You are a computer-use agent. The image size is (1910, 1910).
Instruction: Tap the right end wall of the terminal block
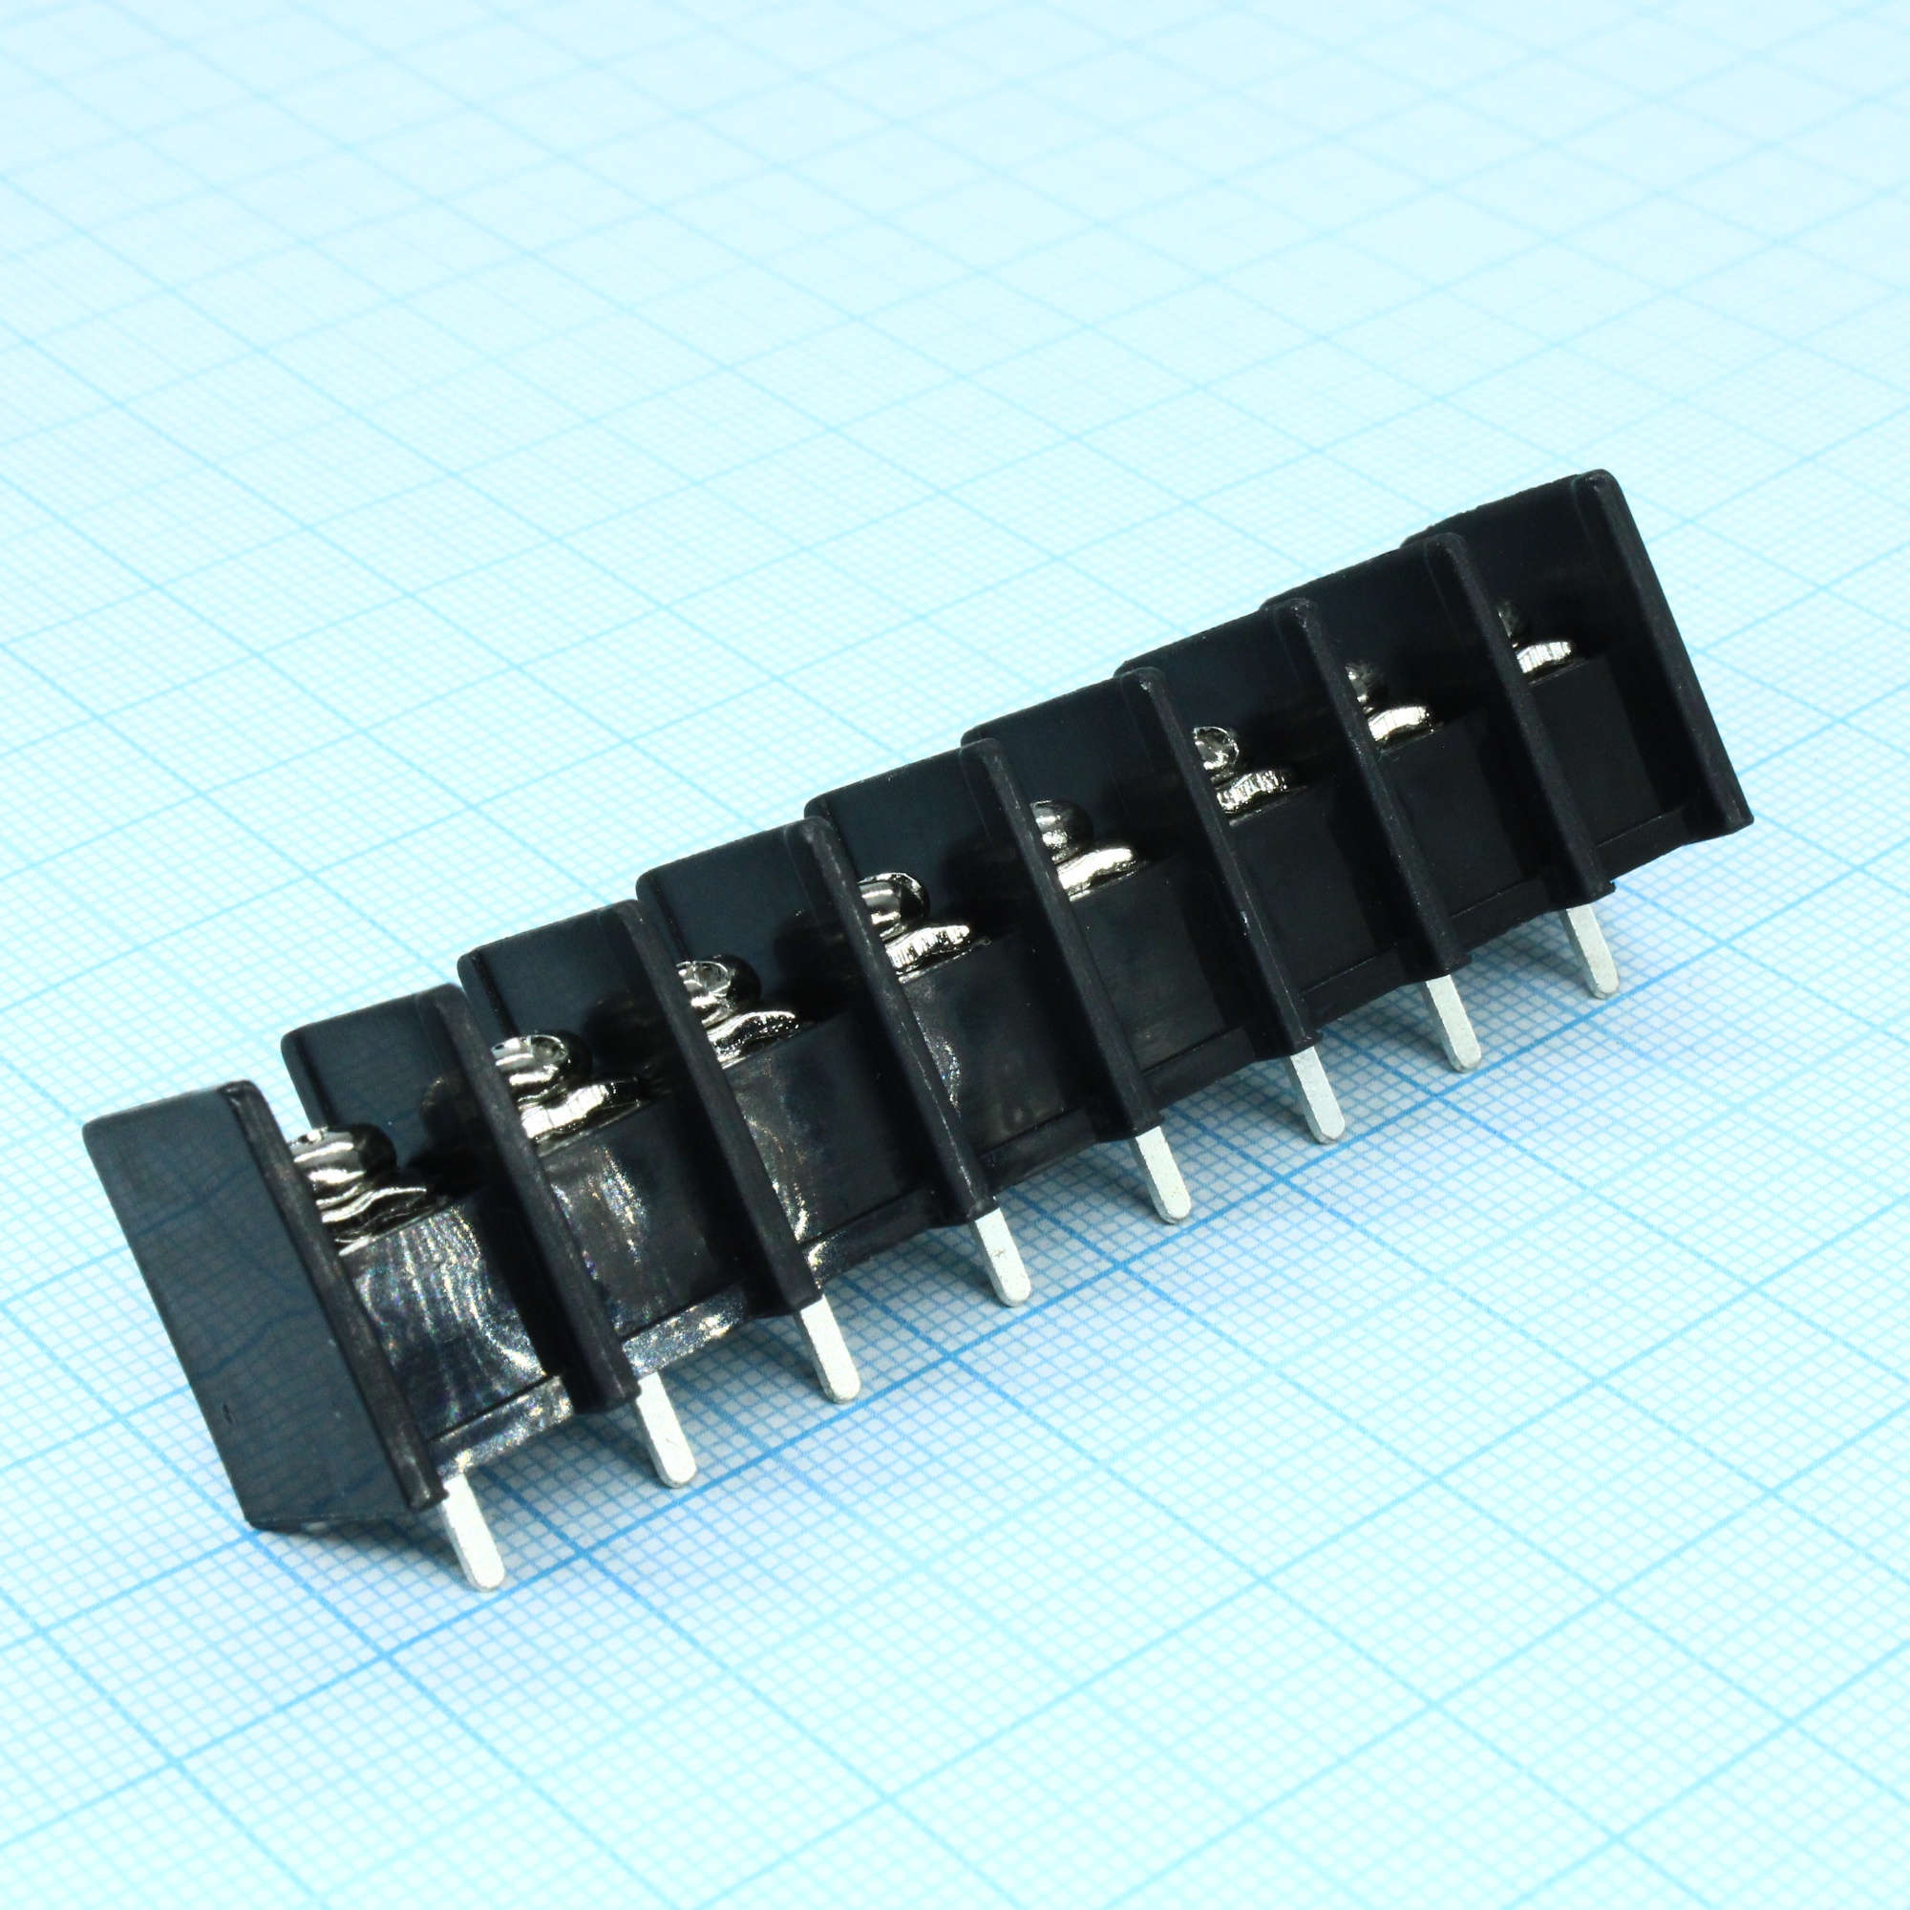1661,652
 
